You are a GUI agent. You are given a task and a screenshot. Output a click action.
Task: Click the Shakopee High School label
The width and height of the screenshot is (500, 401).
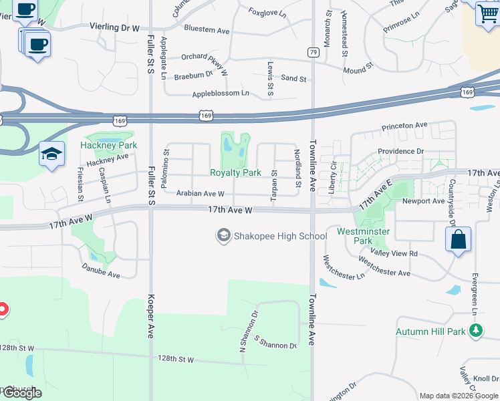point(279,236)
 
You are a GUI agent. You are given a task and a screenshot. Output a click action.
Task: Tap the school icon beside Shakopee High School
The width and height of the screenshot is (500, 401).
point(223,235)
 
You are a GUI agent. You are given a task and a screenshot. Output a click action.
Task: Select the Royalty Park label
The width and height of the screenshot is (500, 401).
point(235,172)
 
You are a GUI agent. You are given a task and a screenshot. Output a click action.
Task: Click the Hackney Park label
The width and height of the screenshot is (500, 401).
point(108,145)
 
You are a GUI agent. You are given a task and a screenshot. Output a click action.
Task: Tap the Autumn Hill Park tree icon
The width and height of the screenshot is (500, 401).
point(476,330)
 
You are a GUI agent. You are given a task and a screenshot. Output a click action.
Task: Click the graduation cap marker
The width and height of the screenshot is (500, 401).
point(51,154)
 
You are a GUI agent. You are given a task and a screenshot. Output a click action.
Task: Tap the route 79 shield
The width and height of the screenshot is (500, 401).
point(313,51)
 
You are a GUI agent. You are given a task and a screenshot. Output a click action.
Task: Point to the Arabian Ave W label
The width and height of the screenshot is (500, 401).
point(200,194)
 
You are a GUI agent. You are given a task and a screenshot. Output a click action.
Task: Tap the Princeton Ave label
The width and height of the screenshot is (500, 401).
point(404,125)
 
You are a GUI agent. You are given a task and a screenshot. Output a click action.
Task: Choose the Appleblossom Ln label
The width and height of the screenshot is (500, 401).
point(220,94)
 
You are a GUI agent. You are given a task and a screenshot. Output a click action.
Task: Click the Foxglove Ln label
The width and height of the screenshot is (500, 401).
point(267,12)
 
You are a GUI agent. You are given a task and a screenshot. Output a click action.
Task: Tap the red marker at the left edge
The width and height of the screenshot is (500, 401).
point(2,309)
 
